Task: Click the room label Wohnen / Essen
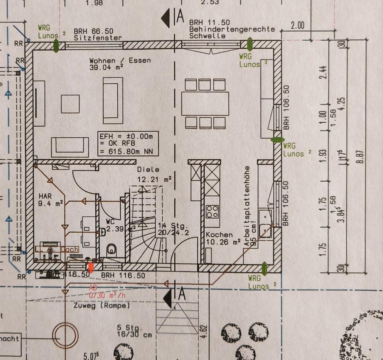120,61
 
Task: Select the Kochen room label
219,235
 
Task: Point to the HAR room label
45,197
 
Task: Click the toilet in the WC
112,250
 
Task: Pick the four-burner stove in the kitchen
212,211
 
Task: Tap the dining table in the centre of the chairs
205,103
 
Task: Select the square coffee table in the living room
70,104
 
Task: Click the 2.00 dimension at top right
297,26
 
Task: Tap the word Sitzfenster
98,38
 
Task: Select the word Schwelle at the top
207,36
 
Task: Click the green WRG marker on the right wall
276,140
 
